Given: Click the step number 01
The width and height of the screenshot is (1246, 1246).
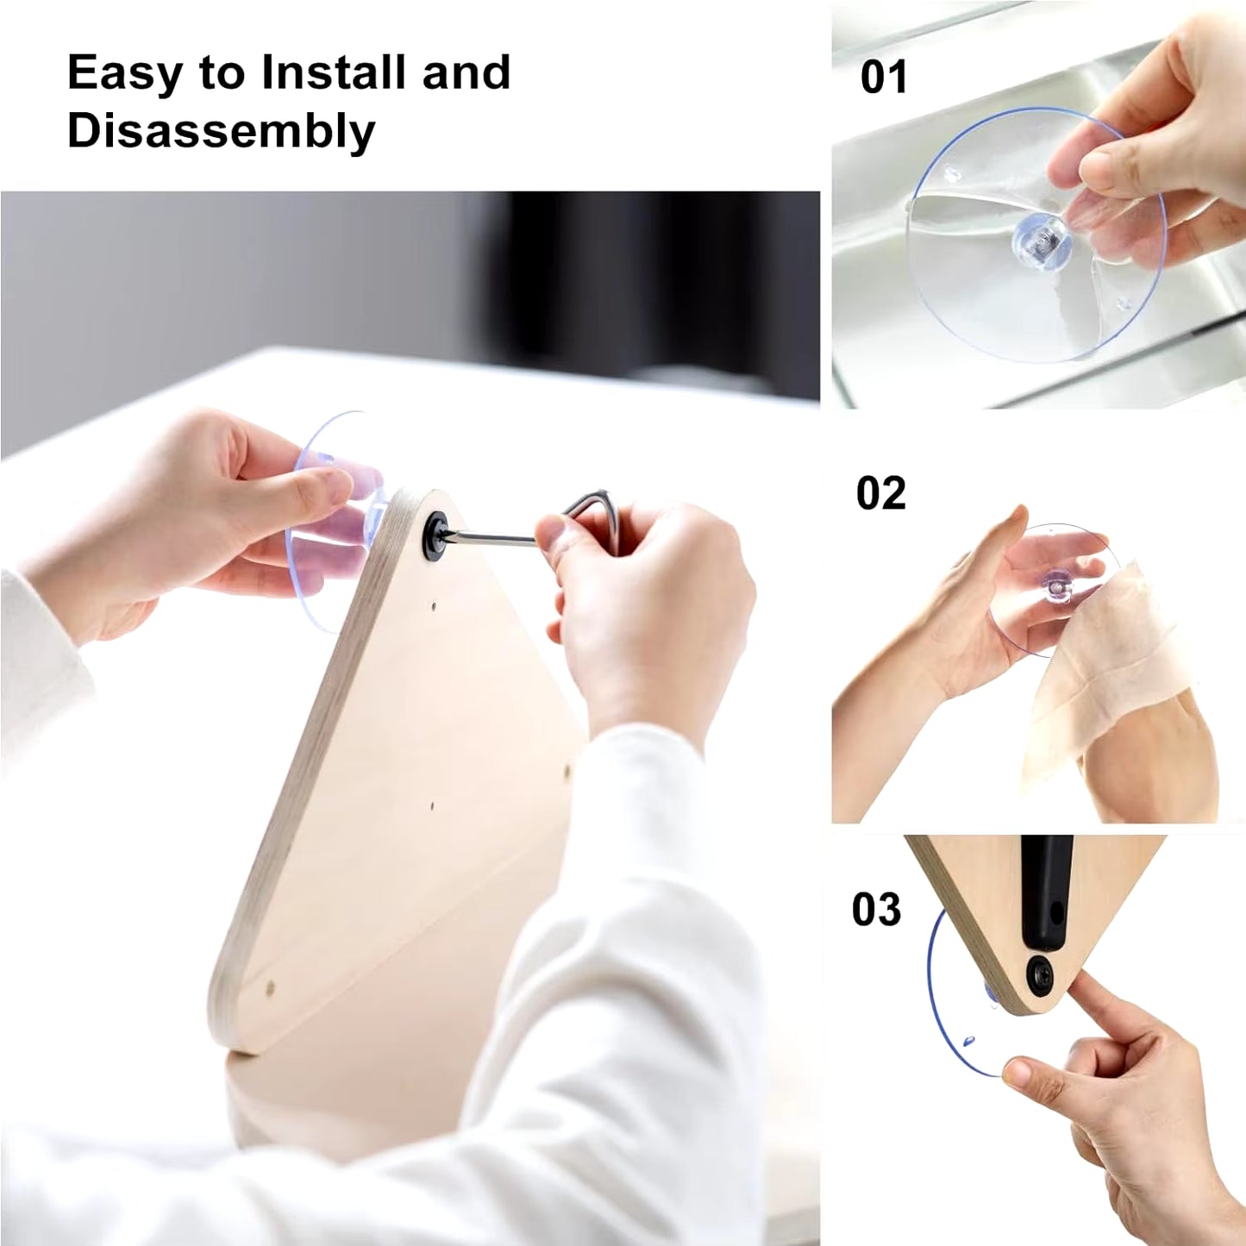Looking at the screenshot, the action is (x=884, y=78).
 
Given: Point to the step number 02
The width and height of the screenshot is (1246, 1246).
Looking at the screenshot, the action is (x=880, y=494).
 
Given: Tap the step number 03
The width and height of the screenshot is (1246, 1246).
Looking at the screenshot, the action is (x=876, y=910).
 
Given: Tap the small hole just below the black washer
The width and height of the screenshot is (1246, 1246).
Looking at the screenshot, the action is (x=433, y=606).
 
